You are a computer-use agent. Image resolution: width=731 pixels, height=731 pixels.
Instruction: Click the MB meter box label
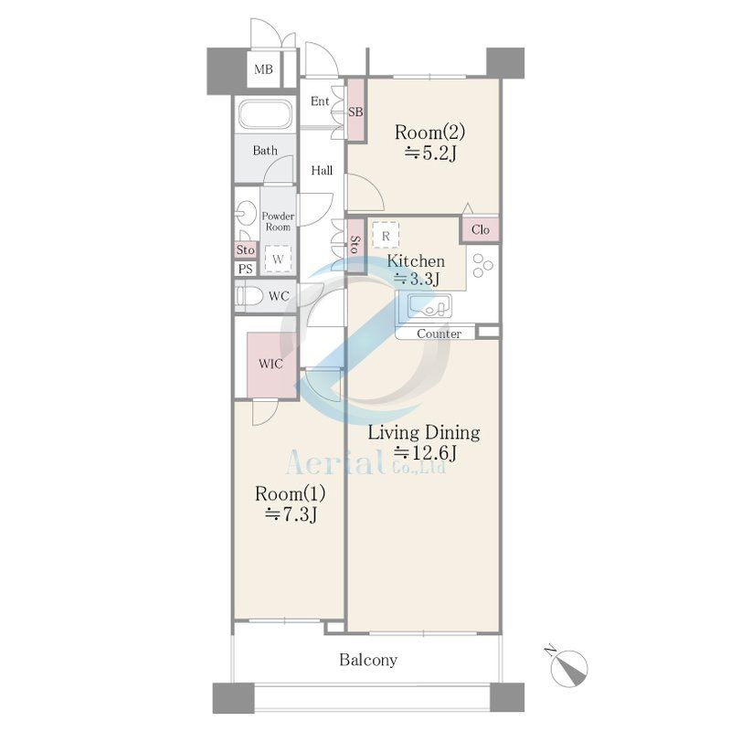tap(263, 69)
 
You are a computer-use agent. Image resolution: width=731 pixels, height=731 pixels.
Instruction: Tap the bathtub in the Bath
tap(265, 114)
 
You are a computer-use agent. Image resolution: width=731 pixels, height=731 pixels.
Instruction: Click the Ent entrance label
tap(320, 101)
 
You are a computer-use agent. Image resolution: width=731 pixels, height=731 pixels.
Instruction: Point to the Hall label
tap(322, 170)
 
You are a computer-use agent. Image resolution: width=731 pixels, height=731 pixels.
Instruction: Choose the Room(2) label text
tap(429, 132)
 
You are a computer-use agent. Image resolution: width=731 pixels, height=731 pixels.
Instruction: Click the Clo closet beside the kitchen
tap(481, 229)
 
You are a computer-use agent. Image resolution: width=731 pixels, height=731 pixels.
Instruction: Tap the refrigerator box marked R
tap(386, 236)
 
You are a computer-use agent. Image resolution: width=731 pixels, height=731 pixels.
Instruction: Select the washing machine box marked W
tap(278, 259)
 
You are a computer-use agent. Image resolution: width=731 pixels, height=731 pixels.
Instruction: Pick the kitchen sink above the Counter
tap(429, 306)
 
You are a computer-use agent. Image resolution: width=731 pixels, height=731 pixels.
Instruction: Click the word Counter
tap(439, 334)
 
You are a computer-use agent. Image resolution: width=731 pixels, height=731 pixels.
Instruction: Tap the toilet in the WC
tap(249, 296)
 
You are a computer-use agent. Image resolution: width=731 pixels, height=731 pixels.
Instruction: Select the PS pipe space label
tap(246, 269)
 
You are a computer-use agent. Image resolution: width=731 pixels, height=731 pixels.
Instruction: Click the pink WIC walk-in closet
tap(271, 365)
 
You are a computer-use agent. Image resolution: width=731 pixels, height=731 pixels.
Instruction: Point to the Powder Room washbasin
tap(246, 214)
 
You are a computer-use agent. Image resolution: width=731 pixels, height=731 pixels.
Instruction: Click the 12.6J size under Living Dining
tap(426, 452)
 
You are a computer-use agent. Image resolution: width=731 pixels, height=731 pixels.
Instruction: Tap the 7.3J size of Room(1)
tap(291, 514)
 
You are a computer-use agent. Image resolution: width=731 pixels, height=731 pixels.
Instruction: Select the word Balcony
tap(368, 660)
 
